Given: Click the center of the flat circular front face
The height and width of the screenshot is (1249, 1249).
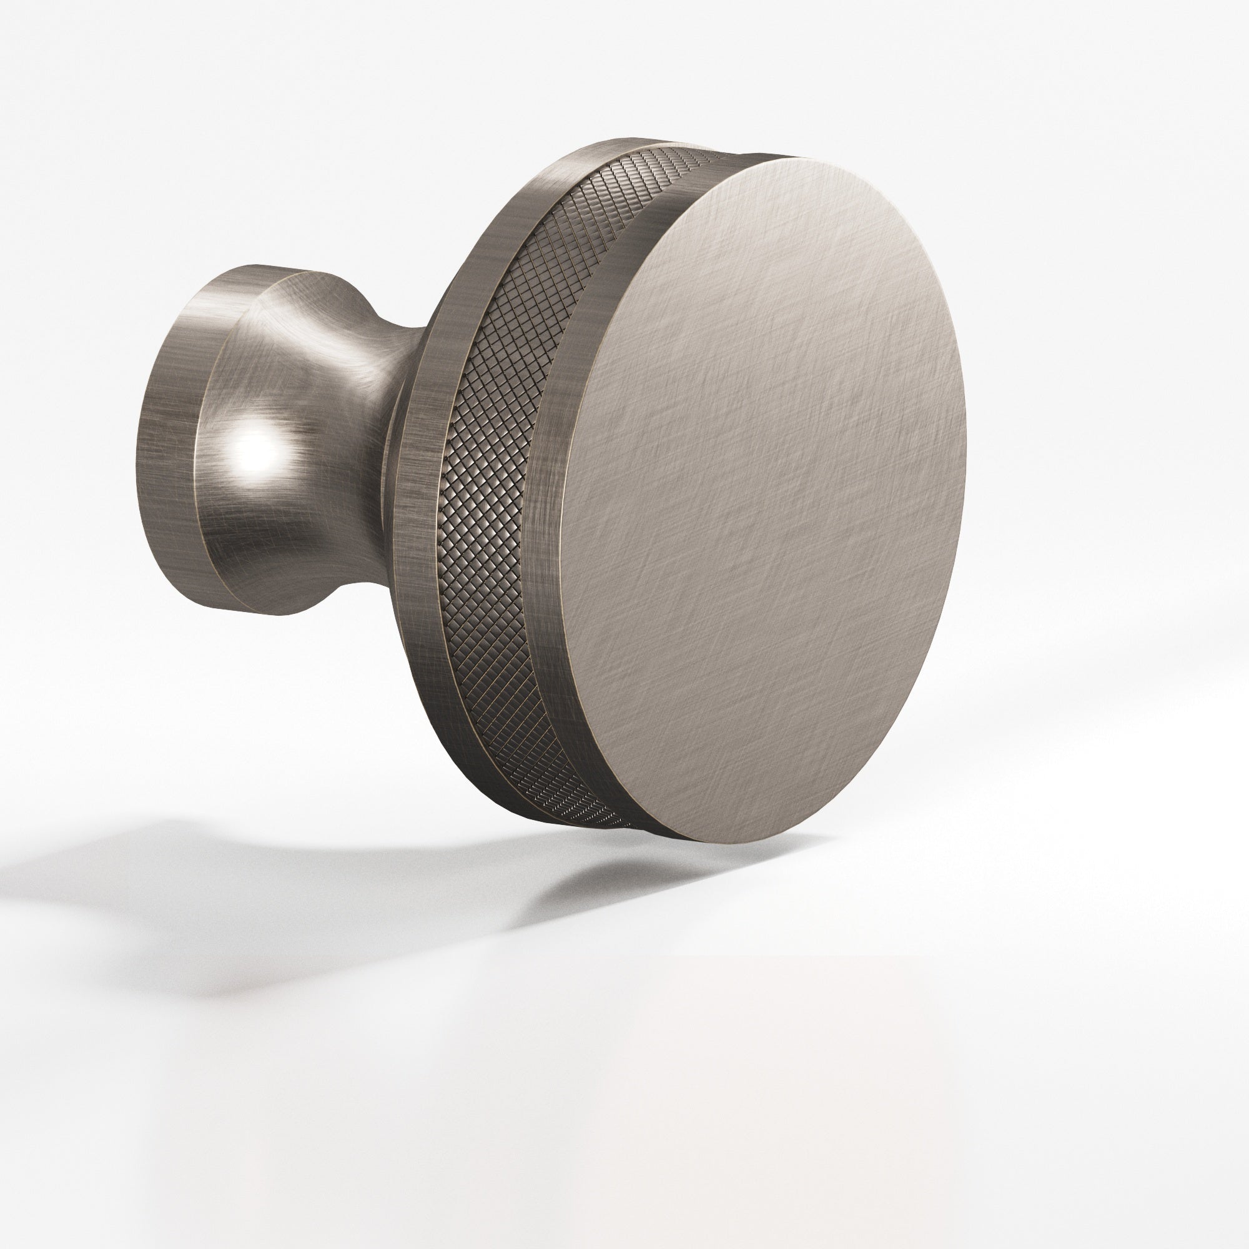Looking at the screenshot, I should point(763,498).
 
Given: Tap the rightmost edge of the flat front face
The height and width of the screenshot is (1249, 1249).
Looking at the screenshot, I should point(965,453).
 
